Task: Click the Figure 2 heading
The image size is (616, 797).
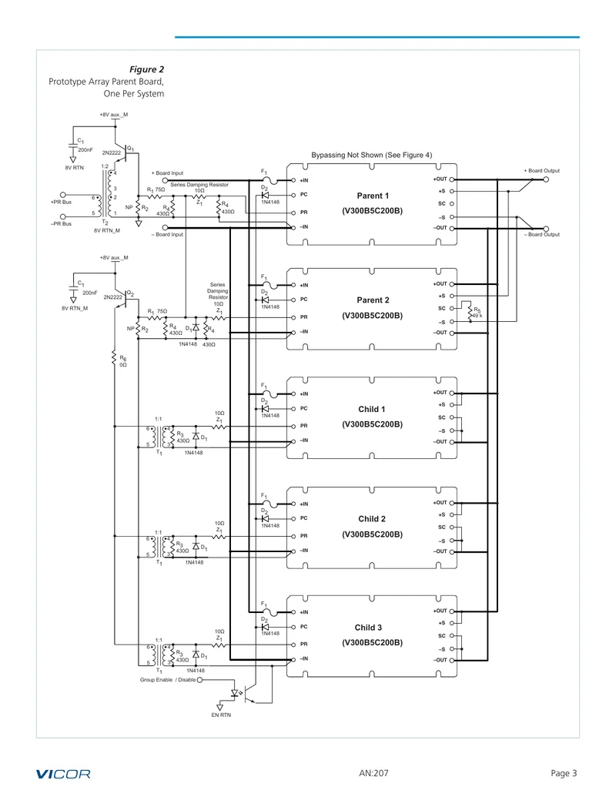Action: [146, 69]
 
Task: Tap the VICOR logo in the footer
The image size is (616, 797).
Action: [63, 774]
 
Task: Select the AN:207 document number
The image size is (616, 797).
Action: [373, 773]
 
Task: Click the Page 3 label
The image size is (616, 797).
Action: [564, 773]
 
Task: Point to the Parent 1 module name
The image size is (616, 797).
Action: [373, 196]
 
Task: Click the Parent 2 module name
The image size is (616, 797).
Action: [373, 300]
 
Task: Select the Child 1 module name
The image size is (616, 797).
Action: [372, 409]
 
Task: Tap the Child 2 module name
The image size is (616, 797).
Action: [372, 519]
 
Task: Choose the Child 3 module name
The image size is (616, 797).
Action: [368, 628]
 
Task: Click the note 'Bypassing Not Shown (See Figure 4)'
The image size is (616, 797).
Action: [372, 155]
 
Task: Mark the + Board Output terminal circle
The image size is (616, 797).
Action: [546, 179]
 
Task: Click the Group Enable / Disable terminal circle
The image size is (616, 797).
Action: [199, 680]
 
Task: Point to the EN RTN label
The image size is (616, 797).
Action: [221, 715]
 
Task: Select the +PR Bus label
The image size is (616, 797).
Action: [61, 202]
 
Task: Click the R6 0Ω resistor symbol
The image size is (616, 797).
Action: [114, 358]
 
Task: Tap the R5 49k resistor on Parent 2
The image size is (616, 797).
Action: [470, 312]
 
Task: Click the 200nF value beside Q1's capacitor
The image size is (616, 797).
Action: [85, 150]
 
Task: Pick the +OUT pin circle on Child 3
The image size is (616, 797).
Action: [452, 611]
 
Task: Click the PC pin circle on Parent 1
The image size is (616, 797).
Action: [293, 195]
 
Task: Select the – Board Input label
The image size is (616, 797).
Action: [167, 234]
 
